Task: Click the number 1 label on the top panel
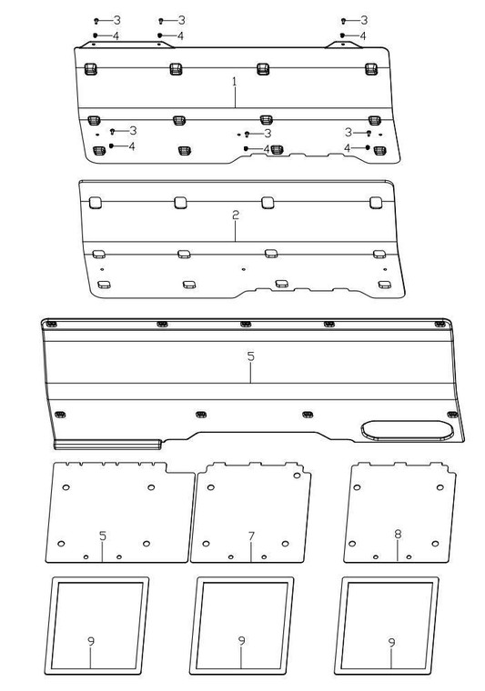coord(234,82)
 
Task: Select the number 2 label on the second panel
coord(235,215)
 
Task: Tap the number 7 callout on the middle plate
coord(251,536)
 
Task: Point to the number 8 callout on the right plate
coord(398,536)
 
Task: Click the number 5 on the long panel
coord(251,357)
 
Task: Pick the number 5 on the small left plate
coord(103,536)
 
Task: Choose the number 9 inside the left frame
coord(91,642)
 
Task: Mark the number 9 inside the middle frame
coord(241,642)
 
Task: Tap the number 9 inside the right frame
coord(391,642)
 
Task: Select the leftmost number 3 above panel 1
coord(116,20)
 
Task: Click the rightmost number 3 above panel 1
coord(363,20)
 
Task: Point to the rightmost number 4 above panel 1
coord(363,35)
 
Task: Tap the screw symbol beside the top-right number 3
coord(343,20)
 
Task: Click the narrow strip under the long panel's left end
coord(107,445)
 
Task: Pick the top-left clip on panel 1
coord(90,69)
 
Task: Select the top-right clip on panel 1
coord(370,69)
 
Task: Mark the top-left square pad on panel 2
coord(92,202)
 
